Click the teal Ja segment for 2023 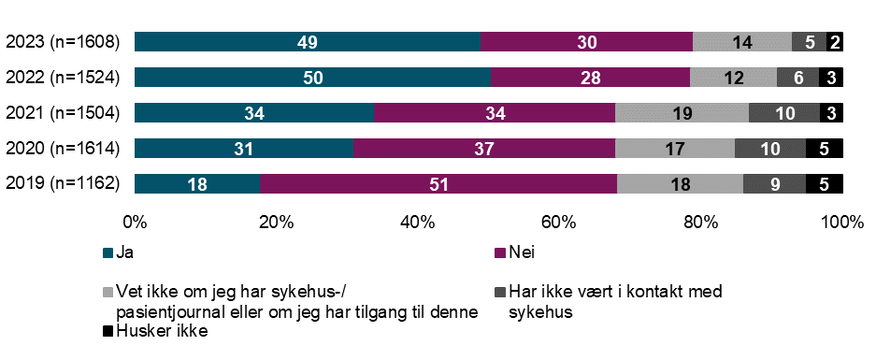coord(307,41)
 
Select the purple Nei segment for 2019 coord(438,184)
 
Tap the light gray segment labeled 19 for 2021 coord(682,113)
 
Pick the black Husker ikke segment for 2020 coord(824,149)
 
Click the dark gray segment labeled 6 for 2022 coord(797,78)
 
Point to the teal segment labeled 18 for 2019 coord(197,184)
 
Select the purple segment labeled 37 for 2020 coord(483,149)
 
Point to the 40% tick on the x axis coord(418,223)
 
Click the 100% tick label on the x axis coord(840,223)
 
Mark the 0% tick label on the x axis coord(136,223)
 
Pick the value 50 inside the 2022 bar coord(313,78)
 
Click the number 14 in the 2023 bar coord(741,42)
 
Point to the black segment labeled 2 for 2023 coord(834,42)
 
